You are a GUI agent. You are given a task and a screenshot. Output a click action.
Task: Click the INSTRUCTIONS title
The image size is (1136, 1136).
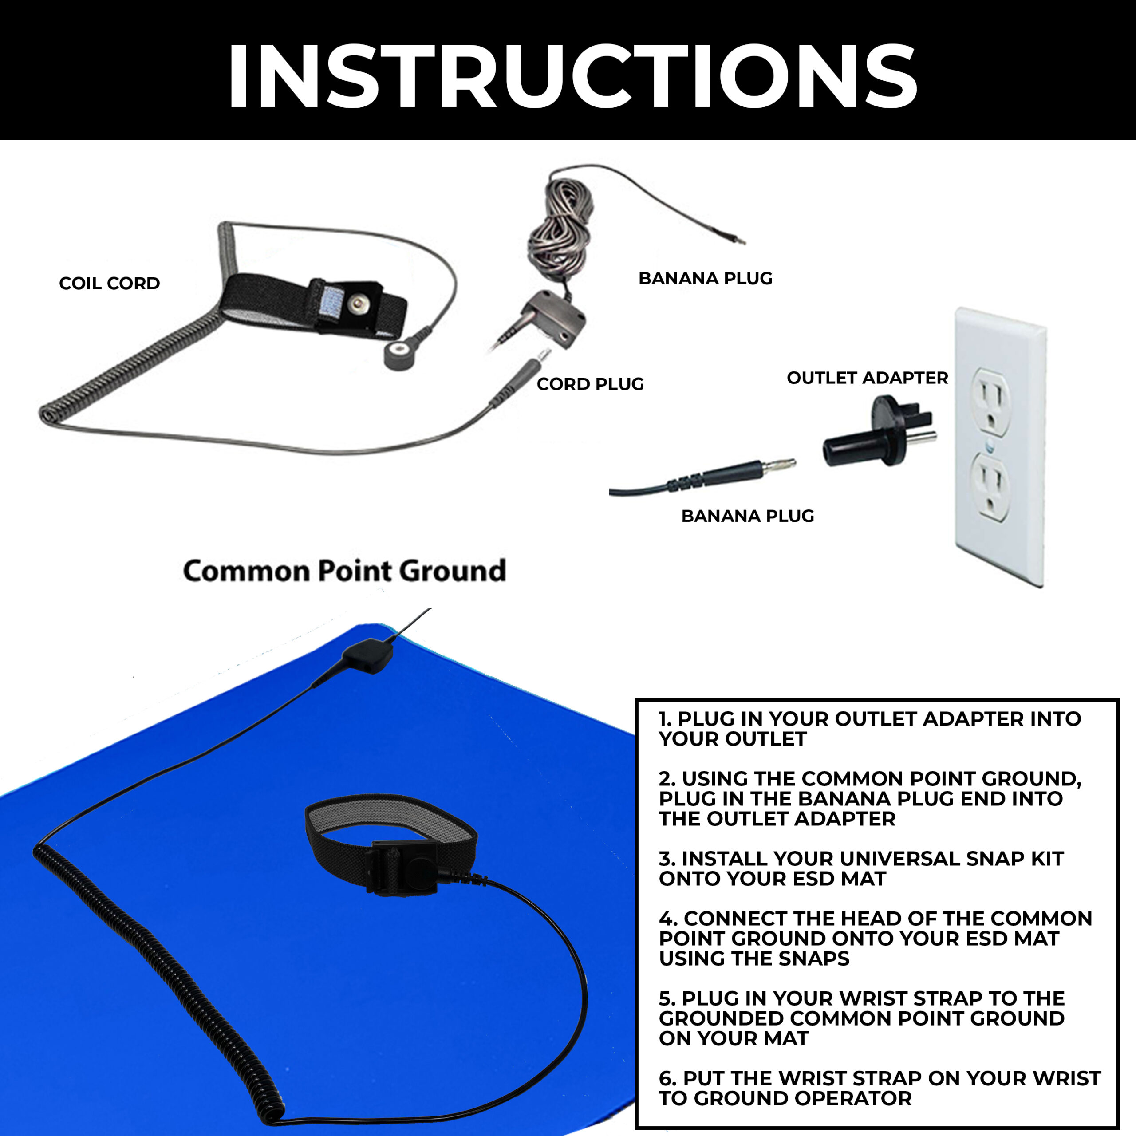tap(572, 76)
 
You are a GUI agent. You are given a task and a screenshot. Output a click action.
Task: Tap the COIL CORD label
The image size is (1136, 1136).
tap(109, 284)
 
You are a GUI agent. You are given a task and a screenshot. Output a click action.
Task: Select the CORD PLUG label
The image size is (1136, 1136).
tap(590, 384)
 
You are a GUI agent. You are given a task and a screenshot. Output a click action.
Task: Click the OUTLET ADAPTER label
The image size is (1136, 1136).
tap(867, 378)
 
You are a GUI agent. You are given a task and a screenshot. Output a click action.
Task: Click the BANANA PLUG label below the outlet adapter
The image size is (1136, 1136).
tap(747, 516)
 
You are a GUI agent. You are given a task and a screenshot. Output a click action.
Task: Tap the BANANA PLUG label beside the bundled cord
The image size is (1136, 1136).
tap(705, 278)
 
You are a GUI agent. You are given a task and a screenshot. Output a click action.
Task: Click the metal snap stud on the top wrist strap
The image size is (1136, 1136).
tap(355, 303)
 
